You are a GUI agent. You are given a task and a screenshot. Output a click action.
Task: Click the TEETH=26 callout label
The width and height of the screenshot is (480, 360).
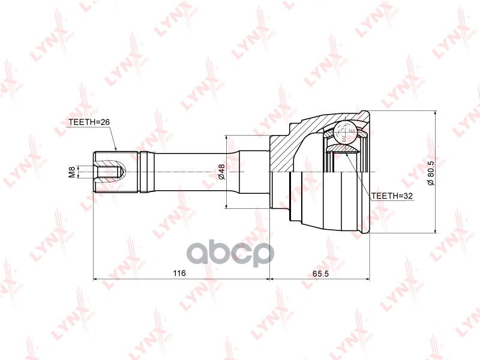coord(89,122)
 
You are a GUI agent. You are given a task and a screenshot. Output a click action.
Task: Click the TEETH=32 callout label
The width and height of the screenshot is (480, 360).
coord(392,196)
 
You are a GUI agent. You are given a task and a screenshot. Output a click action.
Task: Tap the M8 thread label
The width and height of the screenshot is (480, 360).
coord(72,172)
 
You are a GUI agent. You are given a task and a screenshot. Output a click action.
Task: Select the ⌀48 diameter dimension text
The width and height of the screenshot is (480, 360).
coord(221,172)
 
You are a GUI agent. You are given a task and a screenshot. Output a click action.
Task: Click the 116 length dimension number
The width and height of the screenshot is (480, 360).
coord(179,273)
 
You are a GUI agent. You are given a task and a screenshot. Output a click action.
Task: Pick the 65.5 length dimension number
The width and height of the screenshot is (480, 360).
coord(320,274)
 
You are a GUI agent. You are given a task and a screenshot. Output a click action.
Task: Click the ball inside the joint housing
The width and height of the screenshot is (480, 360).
coord(346,132)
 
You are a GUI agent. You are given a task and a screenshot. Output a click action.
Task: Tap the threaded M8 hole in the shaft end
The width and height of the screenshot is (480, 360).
coord(110,172)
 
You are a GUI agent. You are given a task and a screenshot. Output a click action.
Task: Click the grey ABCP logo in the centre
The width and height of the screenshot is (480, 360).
coord(230,253)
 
